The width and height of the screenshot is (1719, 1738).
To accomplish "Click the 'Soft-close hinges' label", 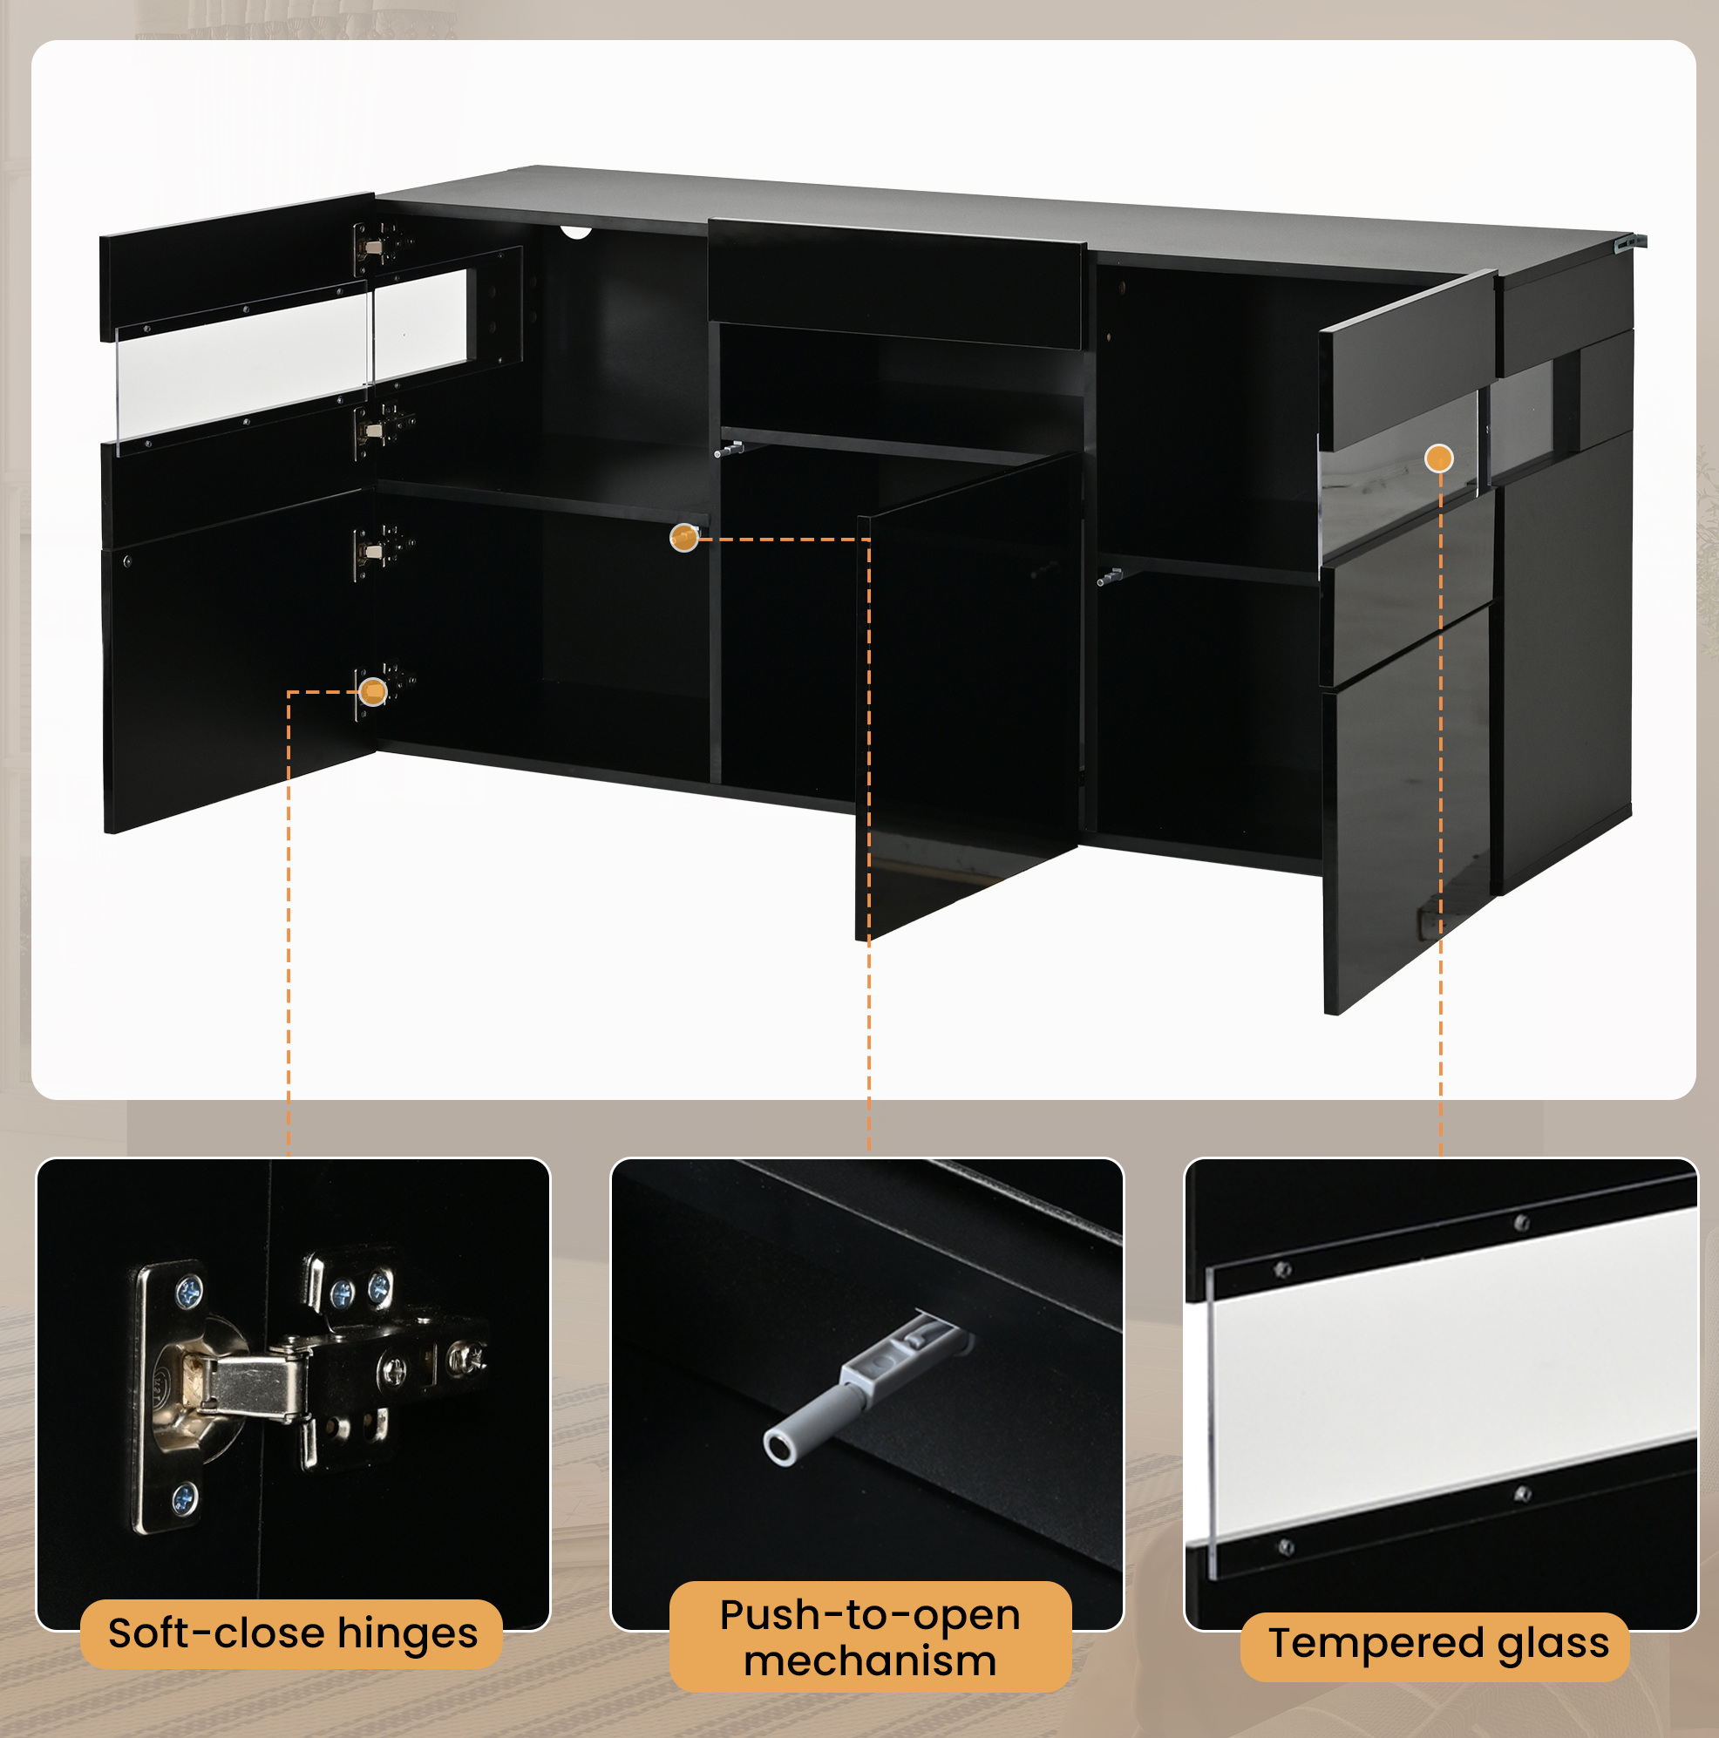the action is [292, 1633].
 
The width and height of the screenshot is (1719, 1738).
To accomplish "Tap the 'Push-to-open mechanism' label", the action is [870, 1637].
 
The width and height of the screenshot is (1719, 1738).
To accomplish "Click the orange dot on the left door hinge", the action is [372, 691].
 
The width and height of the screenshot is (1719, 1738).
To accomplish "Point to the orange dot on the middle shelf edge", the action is [684, 538].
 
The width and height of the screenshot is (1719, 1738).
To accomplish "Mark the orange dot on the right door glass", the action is [1439, 458].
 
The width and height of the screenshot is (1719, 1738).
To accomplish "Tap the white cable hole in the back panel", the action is [576, 232].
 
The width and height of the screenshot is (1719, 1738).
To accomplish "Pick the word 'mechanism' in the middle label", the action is [870, 1661].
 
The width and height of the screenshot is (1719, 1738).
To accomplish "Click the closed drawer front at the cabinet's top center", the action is [896, 282].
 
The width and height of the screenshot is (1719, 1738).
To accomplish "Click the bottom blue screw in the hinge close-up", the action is [185, 1498].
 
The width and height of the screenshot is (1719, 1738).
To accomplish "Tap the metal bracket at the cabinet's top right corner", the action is [1630, 242].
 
